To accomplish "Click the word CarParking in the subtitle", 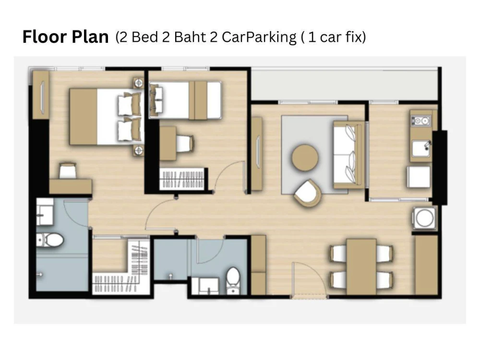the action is (x=259, y=37).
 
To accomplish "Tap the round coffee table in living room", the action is (x=305, y=157).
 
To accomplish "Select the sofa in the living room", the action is (x=349, y=155).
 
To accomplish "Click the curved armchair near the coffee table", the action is (x=308, y=193).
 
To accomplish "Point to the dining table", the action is (x=361, y=266).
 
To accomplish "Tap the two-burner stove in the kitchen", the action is (x=421, y=121).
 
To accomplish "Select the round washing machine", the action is (x=424, y=218).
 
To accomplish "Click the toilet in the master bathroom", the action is (x=50, y=240).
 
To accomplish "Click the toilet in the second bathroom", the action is (x=233, y=280).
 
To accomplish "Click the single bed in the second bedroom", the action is (x=185, y=100).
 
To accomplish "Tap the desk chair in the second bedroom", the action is (x=185, y=144).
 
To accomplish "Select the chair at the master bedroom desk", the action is (x=67, y=170).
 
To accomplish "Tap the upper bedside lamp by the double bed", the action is (x=139, y=83).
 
